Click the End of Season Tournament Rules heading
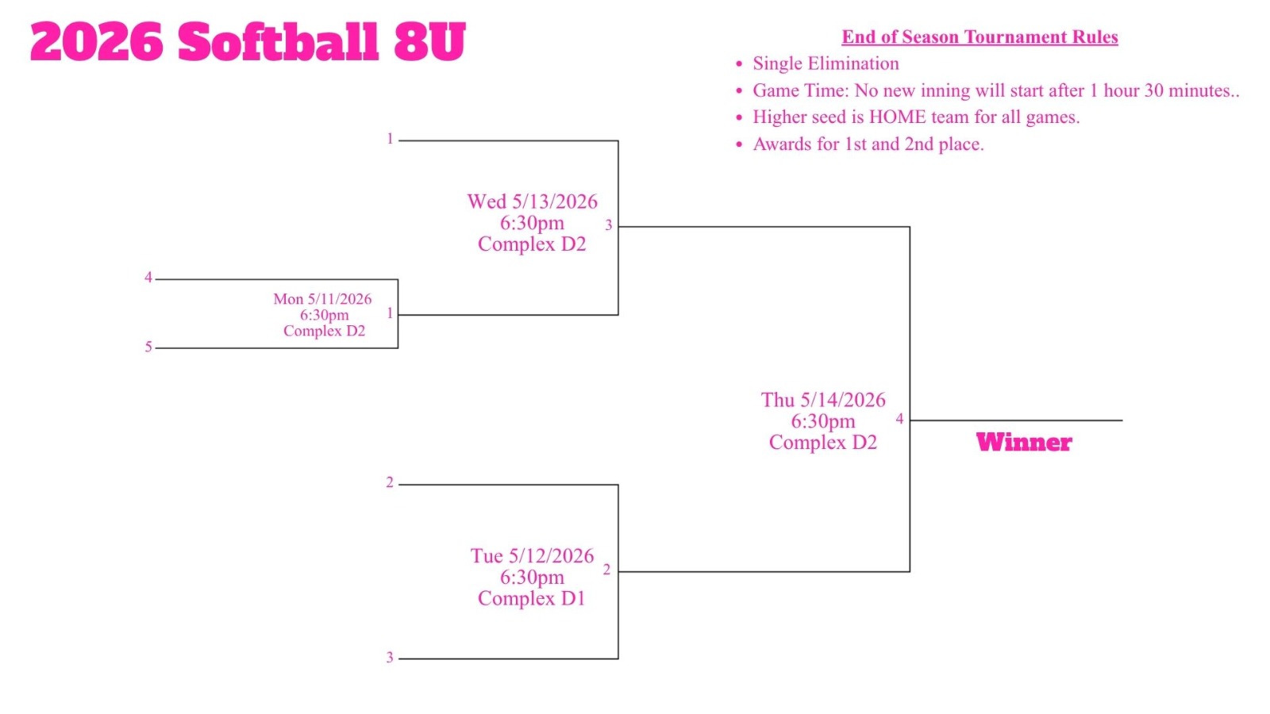point(979,36)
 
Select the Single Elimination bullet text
point(825,63)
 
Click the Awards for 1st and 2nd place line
point(868,144)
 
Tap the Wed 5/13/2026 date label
point(533,202)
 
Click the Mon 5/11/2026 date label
point(322,299)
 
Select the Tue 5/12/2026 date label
point(533,556)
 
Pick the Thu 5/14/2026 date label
point(823,400)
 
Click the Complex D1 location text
point(532,598)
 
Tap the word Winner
point(1024,443)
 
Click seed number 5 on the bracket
point(148,347)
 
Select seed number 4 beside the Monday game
point(148,277)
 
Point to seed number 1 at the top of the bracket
point(390,139)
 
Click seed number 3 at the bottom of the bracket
point(390,658)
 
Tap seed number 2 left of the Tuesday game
point(390,482)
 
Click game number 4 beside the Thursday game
point(900,419)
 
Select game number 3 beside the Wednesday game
point(609,225)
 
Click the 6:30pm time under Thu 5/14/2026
point(823,421)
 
